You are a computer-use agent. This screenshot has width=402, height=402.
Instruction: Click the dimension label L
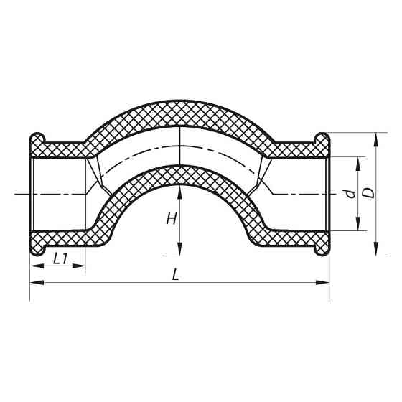click(x=177, y=274)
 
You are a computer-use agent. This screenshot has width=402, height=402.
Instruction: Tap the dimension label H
click(x=171, y=219)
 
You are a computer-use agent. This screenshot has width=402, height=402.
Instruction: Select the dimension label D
click(x=368, y=193)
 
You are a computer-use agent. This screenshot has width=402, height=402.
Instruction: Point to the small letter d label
click(x=348, y=193)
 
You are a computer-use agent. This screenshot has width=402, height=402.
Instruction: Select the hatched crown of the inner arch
click(x=179, y=173)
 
